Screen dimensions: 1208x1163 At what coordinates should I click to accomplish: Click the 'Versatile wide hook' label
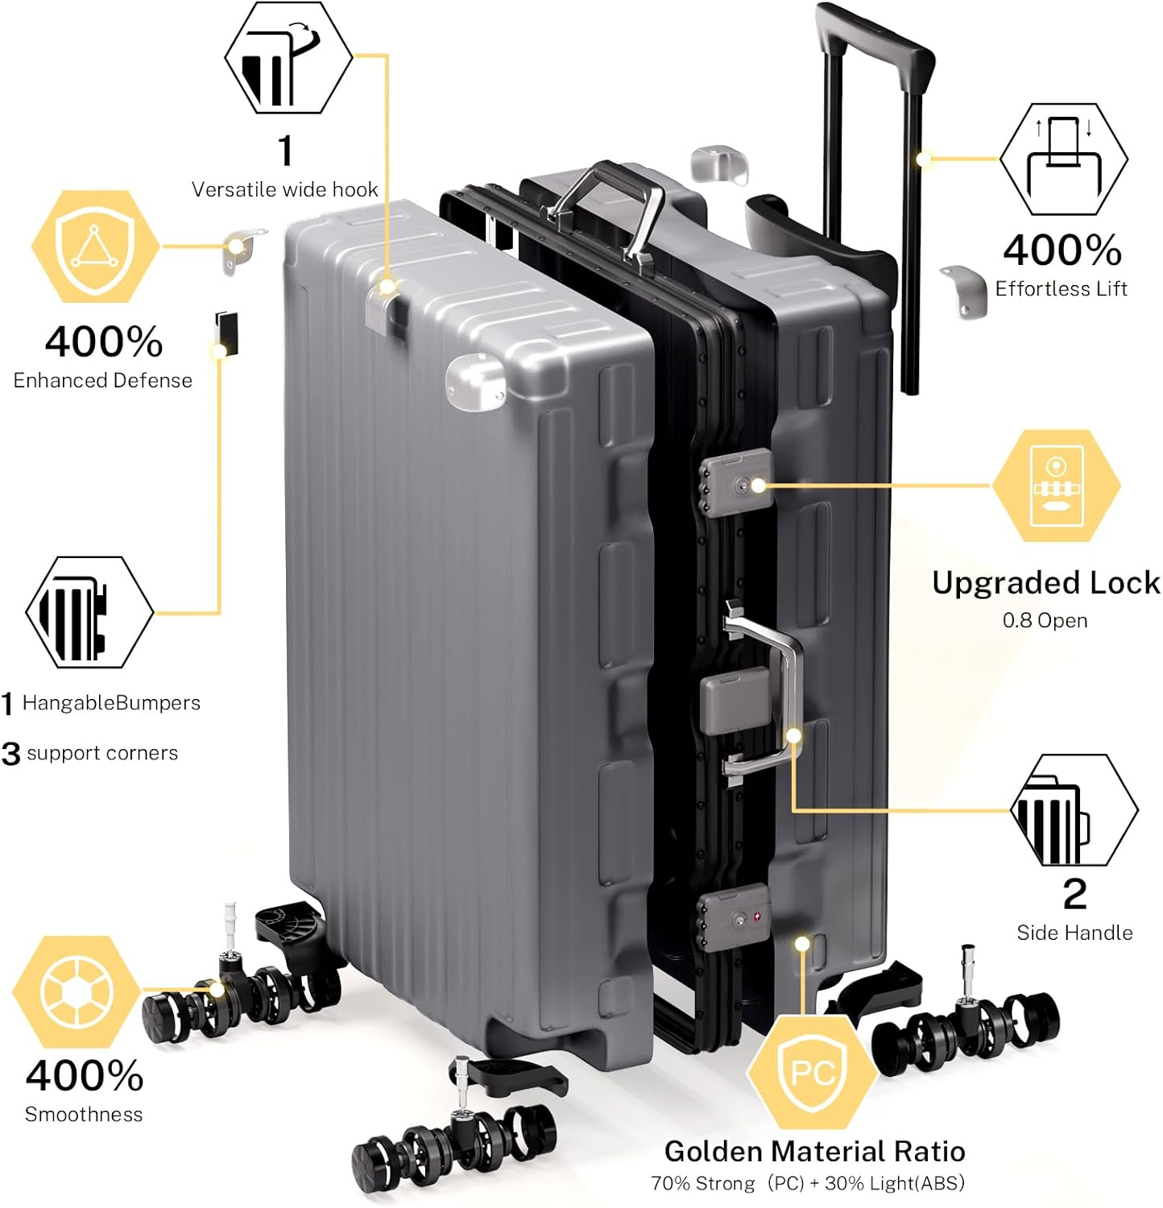(x=284, y=189)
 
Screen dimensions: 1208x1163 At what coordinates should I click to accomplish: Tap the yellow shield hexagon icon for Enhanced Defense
(x=95, y=246)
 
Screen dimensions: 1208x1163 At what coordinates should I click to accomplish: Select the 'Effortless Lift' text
(x=1061, y=289)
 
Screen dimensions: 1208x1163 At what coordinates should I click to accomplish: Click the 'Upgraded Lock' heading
(x=1045, y=582)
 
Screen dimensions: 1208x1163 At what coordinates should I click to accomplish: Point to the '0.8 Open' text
(x=1045, y=621)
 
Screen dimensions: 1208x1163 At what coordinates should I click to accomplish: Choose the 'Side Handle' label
(x=1074, y=933)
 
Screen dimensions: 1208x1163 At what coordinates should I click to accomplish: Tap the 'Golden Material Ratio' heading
(x=814, y=1151)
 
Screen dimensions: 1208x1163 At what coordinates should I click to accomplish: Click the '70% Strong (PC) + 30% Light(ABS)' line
(x=807, y=1183)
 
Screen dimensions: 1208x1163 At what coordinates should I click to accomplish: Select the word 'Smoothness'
(x=84, y=1115)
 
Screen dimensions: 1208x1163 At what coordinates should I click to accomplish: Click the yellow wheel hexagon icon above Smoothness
(x=77, y=991)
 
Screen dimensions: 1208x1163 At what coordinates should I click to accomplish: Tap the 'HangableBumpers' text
(x=111, y=703)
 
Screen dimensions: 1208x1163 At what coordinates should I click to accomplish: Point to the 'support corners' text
(x=102, y=753)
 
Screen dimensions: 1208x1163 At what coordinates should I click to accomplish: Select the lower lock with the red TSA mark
(x=734, y=918)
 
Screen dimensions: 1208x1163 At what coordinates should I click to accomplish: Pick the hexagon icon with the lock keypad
(x=1055, y=486)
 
